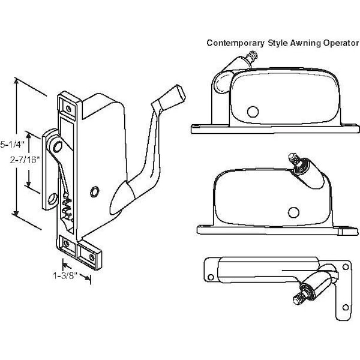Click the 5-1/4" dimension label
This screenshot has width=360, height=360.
(11, 145)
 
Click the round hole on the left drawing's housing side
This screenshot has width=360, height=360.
(94, 191)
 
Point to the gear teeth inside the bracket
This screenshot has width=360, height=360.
(68, 207)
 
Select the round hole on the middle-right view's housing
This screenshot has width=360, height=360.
(293, 211)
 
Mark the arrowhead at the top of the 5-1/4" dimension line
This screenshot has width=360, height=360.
(18, 79)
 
